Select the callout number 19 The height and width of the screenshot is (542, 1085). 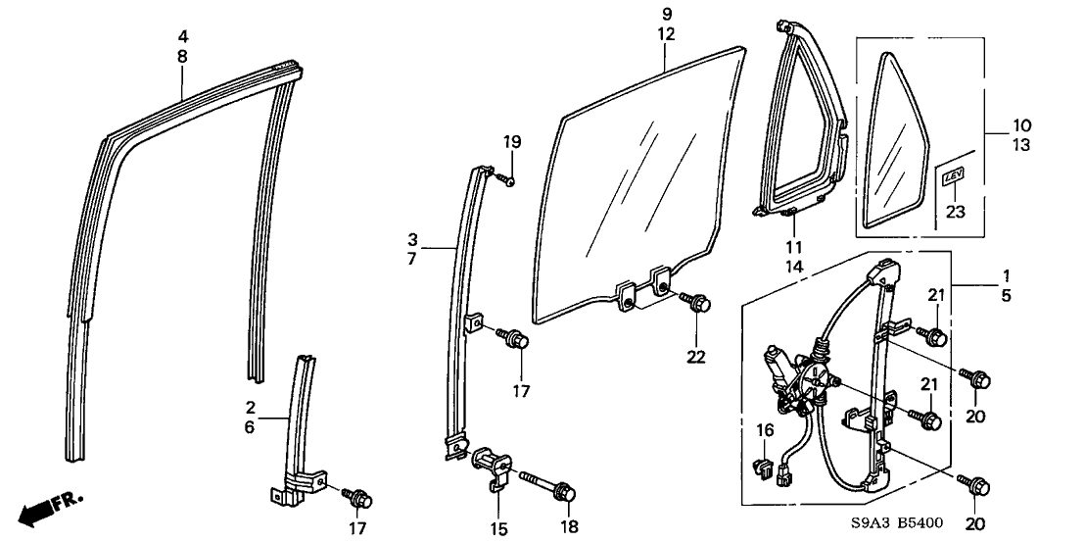pyautogui.click(x=510, y=143)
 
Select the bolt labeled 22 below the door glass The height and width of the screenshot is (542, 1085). pyautogui.click(x=698, y=305)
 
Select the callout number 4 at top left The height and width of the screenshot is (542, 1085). pyautogui.click(x=183, y=36)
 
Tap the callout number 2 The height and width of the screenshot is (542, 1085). pyautogui.click(x=251, y=406)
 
